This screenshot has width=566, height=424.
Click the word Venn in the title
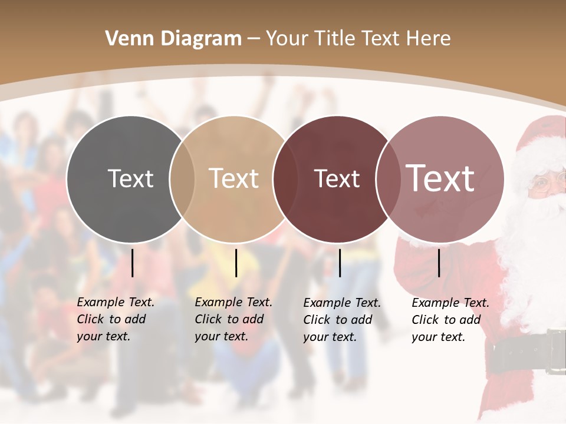click(126, 39)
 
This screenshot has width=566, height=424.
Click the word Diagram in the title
click(201, 39)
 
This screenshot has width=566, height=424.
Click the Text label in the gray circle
click(130, 178)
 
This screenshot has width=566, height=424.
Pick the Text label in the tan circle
click(234, 178)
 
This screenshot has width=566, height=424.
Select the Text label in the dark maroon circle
click(337, 178)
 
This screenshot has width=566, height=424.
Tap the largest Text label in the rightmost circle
click(440, 178)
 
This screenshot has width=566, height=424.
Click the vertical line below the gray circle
click(133, 263)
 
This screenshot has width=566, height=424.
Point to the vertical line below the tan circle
click(236, 263)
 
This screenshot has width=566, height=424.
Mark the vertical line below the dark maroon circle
click(340, 263)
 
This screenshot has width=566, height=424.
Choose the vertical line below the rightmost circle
click(439, 263)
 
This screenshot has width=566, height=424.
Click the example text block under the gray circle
click(116, 319)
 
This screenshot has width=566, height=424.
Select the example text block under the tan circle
click(233, 319)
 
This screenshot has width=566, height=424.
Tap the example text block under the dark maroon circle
click(342, 320)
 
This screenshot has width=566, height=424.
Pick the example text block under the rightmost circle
click(450, 320)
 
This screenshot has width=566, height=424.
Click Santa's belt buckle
click(555, 352)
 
